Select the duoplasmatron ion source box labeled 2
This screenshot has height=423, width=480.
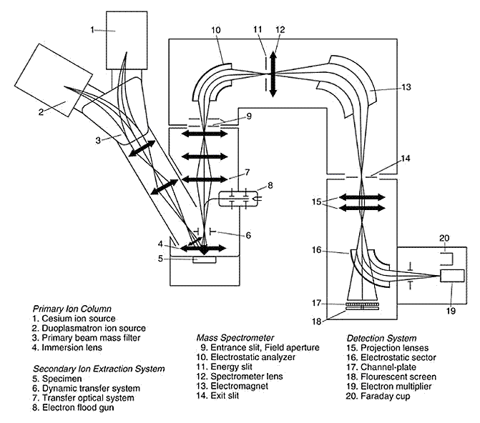(x=54, y=80)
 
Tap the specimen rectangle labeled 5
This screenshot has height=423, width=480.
(x=204, y=259)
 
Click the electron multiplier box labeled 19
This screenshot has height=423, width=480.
(x=452, y=276)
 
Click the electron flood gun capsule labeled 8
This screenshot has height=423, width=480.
(x=238, y=199)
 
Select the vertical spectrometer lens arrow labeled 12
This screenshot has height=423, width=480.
(x=273, y=74)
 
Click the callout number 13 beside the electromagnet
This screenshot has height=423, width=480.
(x=406, y=87)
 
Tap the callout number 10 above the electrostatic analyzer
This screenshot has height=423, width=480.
(x=215, y=30)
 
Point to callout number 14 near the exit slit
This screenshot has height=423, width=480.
(x=406, y=159)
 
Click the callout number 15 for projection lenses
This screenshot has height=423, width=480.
(x=317, y=202)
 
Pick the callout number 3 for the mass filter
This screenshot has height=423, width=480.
(x=98, y=140)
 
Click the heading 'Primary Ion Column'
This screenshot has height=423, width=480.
(x=72, y=308)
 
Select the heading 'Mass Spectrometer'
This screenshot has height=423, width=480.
(x=235, y=338)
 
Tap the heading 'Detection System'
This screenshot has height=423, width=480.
(x=381, y=338)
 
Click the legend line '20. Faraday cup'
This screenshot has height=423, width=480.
(x=378, y=396)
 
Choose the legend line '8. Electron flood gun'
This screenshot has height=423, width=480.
(x=73, y=407)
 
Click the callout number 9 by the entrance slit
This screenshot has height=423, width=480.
(x=249, y=116)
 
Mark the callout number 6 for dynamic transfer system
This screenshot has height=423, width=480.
(x=248, y=235)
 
